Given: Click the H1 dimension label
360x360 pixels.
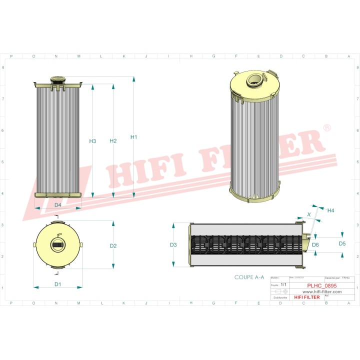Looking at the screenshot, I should click(133, 137).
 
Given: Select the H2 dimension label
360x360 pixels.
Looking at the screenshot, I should click(113, 141).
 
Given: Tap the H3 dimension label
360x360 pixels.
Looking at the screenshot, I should click(92, 141).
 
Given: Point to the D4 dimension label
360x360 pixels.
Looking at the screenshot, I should click(57, 205).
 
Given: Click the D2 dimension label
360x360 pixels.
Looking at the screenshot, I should click(113, 245).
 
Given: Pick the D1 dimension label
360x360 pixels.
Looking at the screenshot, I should click(57, 284).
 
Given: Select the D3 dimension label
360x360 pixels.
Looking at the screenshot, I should click(173, 245).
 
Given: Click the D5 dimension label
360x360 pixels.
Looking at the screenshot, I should click(342, 243).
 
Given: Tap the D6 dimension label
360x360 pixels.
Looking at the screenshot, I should click(315, 244).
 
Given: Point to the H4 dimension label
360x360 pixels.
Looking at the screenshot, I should click(330, 210).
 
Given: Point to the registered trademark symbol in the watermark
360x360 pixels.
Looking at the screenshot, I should click(326, 128).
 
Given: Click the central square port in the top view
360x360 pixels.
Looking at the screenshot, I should click(57, 245).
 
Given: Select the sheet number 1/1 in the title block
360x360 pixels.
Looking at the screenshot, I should click(284, 284).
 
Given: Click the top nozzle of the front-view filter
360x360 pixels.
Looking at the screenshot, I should click(57, 79).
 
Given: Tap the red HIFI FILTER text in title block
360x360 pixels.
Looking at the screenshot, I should click(305, 297).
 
